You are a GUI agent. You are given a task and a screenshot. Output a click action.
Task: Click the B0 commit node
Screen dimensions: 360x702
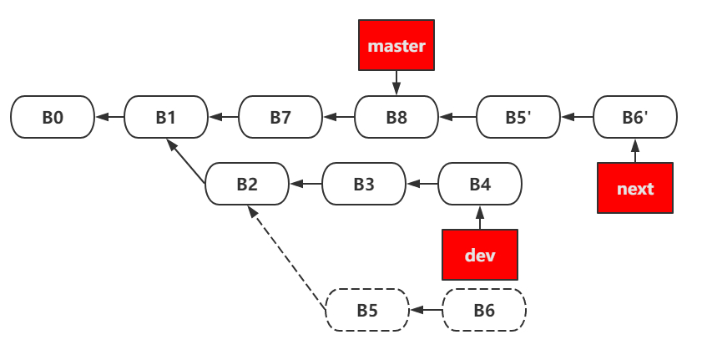(53, 117)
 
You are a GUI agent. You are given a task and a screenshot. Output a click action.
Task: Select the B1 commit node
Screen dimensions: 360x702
(166, 117)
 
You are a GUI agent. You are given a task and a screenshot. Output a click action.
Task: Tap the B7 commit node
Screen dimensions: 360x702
(280, 117)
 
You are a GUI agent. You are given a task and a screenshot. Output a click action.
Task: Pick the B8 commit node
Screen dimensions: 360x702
(396, 117)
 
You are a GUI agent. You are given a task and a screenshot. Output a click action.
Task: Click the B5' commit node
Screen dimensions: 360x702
(518, 117)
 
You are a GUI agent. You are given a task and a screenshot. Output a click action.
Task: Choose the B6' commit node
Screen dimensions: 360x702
(635, 117)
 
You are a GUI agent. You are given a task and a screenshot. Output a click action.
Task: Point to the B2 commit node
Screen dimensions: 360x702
(247, 184)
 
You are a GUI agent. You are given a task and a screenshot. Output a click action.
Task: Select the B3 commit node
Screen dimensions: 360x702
(364, 184)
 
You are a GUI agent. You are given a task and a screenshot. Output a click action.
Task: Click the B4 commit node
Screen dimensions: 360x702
(480, 184)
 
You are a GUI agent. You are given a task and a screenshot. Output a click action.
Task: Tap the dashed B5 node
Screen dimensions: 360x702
(367, 311)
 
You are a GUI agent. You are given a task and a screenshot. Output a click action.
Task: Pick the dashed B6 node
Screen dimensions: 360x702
(484, 311)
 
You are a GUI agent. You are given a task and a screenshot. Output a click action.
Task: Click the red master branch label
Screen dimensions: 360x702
(396, 46)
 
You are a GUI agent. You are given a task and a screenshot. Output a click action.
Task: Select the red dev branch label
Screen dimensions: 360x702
(480, 254)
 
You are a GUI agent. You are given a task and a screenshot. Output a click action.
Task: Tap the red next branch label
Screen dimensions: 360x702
(635, 188)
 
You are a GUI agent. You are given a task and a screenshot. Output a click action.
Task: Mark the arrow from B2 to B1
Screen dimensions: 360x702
(186, 161)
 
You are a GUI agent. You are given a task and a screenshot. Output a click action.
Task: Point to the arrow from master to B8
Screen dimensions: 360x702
(396, 84)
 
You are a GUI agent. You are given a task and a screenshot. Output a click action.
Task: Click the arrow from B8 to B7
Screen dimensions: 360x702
(339, 117)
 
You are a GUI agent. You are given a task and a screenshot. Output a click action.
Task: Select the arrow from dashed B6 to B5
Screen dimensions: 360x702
(426, 311)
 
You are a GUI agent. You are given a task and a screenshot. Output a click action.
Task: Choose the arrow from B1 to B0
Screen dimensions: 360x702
(109, 117)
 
